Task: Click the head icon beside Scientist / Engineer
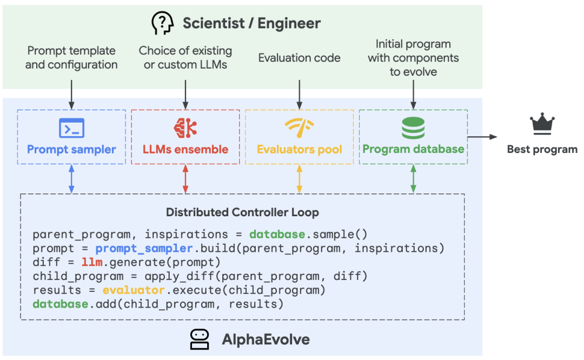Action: [162, 23]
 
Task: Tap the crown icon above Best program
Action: [542, 124]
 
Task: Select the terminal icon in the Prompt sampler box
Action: [71, 128]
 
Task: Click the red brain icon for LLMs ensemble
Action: [185, 128]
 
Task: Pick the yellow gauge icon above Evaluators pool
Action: [300, 128]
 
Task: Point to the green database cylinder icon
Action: [413, 128]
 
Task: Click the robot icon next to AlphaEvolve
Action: [200, 339]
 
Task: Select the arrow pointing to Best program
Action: [482, 137]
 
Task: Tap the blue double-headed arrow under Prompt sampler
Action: [71, 179]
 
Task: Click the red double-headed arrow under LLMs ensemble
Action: [185, 179]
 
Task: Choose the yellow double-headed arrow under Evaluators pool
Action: [300, 179]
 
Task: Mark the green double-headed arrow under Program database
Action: [414, 179]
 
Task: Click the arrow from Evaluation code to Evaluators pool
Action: [300, 95]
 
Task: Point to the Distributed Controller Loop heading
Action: [242, 212]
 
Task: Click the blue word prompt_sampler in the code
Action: [144, 248]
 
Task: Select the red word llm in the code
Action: [92, 262]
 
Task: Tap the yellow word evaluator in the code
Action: [134, 290]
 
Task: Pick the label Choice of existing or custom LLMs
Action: [185, 58]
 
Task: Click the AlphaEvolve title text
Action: [266, 339]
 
